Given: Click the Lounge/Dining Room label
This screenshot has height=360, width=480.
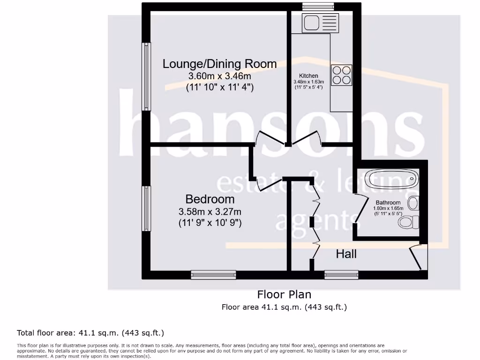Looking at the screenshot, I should pos(219,64).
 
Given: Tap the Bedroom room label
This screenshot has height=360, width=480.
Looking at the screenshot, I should pos(210,199).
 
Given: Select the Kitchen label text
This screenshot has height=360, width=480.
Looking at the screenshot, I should pos(308,75).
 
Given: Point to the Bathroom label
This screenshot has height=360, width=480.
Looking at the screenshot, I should pos(388,202).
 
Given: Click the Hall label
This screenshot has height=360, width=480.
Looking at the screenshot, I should pos(346,254).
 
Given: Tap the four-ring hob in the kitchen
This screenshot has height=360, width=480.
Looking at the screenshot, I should pos(342,75).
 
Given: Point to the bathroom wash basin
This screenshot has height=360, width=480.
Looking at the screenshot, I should pos(413,203).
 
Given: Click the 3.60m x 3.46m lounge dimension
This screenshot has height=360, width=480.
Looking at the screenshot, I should pos(219,76).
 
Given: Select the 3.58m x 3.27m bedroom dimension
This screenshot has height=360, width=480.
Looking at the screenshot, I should pos(210,211).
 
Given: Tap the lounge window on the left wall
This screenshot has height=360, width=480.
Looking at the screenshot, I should pos(147,76).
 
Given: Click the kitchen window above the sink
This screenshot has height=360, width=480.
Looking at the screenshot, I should pos(318,6).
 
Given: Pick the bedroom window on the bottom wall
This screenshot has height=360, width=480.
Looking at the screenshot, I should pos(213,275).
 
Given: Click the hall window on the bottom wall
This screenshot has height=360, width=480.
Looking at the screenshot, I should pos(341,275).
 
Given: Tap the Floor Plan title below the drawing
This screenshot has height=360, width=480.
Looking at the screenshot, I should pos(284,294).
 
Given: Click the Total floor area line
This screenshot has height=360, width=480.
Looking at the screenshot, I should pos(90,333).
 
